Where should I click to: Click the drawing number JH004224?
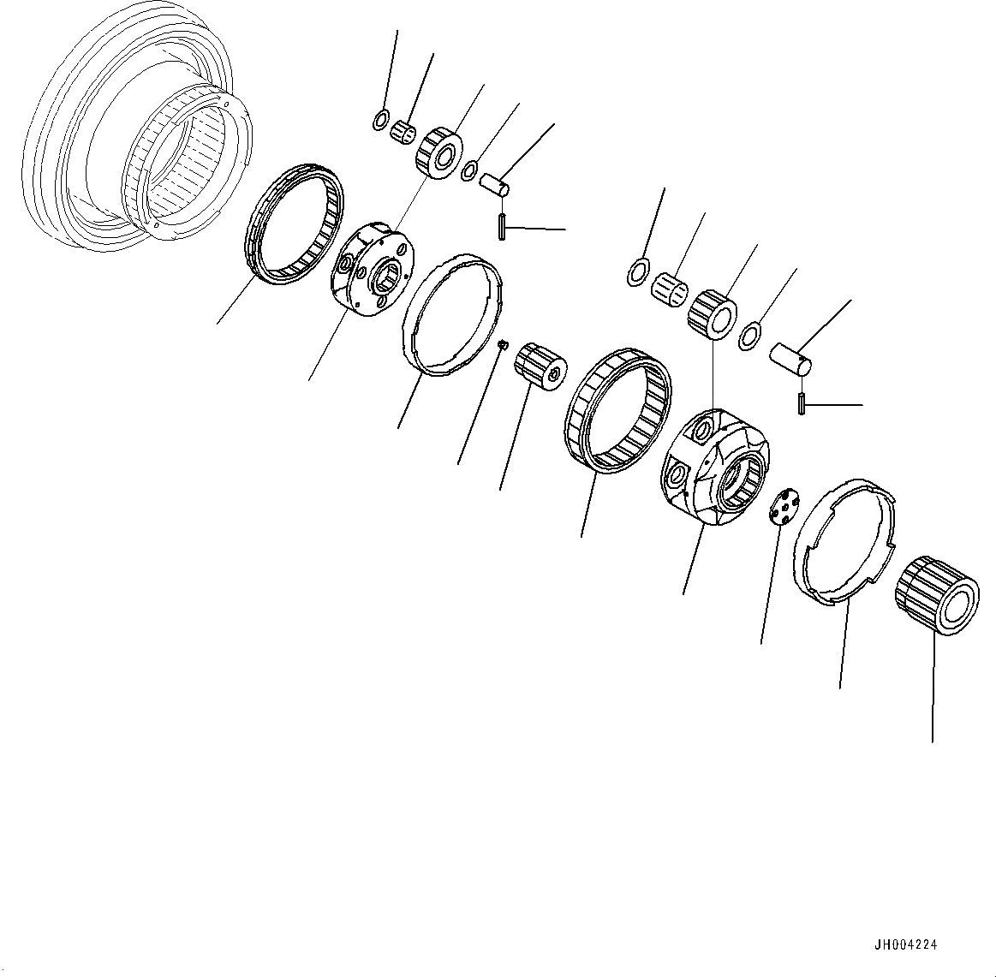tap(905, 945)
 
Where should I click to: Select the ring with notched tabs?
tap(844, 543)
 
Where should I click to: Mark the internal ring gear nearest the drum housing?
tap(294, 224)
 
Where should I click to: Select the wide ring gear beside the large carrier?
tap(617, 412)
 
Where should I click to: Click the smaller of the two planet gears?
tap(438, 152)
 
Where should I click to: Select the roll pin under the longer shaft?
tap(800, 403)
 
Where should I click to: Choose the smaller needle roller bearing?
tap(403, 134)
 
